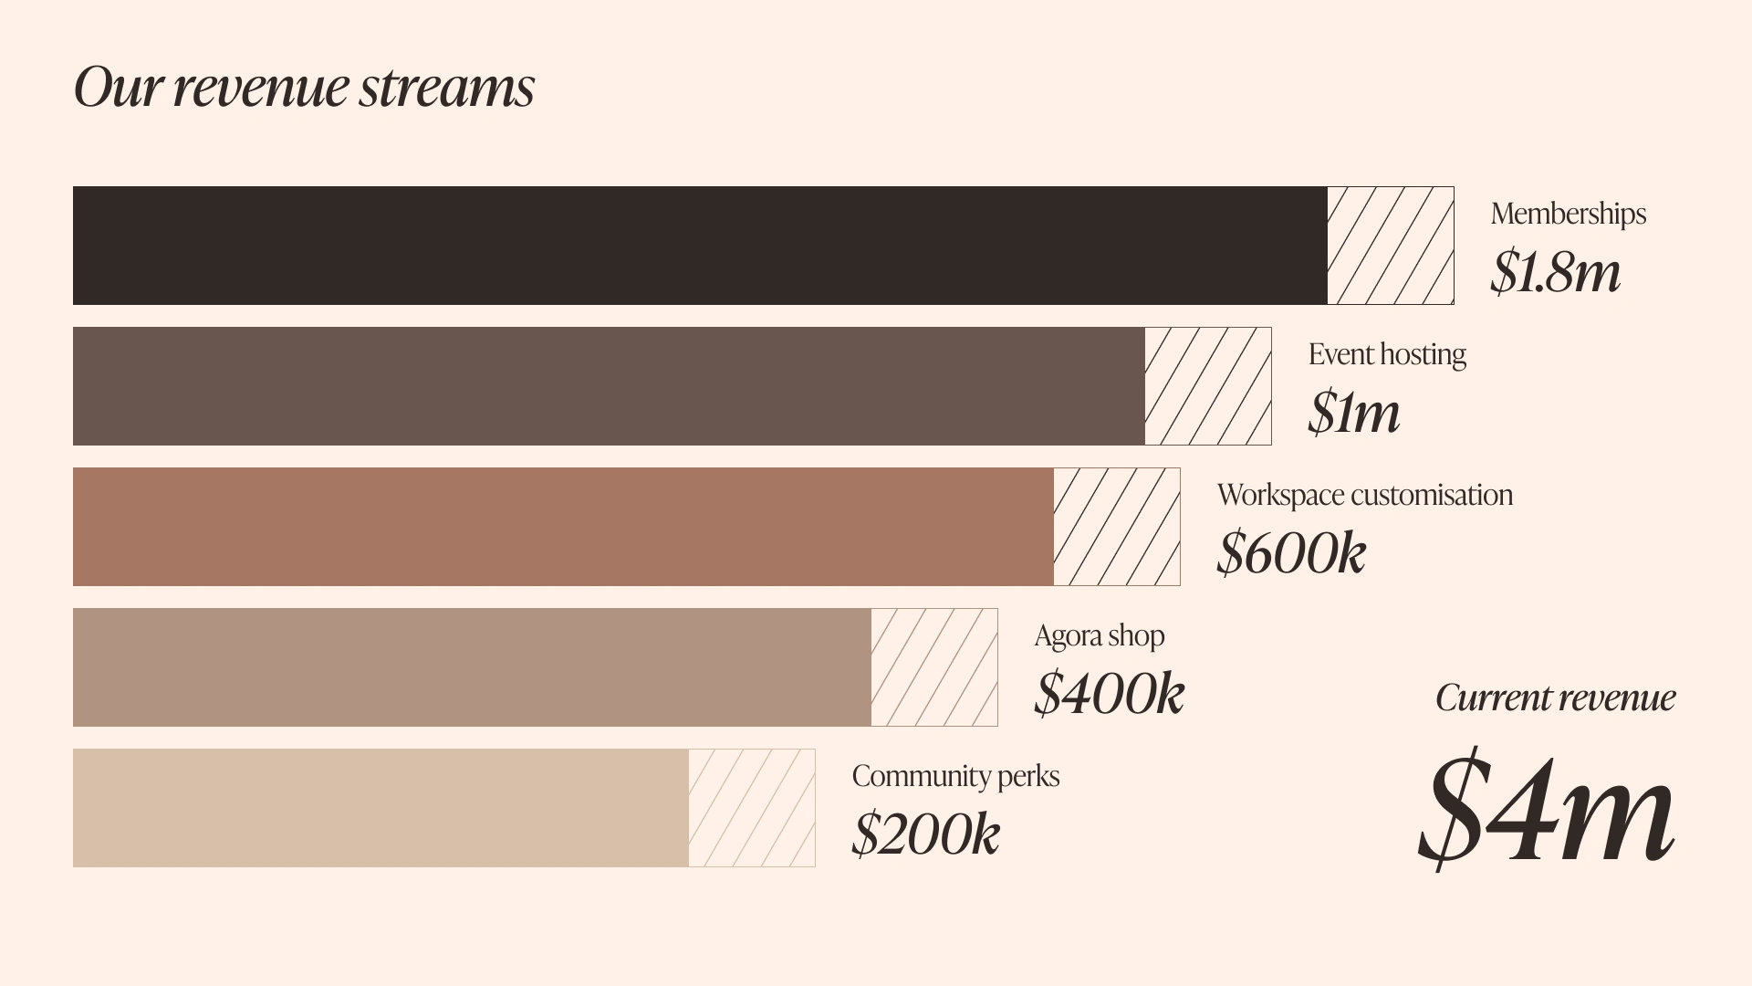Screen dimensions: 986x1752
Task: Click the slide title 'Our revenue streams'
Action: point(304,88)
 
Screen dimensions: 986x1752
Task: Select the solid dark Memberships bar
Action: point(700,246)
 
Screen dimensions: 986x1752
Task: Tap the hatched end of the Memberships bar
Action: point(1390,246)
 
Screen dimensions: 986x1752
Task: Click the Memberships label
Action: point(1568,214)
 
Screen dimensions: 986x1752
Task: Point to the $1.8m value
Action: point(1555,272)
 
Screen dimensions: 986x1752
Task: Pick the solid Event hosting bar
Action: point(609,386)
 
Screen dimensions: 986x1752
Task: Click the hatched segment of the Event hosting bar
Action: point(1207,386)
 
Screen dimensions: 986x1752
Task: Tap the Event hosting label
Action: point(1387,354)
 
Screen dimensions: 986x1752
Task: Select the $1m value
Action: point(1353,413)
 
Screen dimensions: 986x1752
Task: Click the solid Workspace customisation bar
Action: point(563,527)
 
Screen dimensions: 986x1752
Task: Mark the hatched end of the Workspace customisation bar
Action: point(1116,527)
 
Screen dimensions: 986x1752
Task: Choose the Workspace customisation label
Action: point(1364,495)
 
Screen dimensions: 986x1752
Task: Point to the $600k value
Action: point(1291,553)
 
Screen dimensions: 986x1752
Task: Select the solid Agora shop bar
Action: point(472,667)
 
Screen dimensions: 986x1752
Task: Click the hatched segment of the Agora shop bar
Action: point(933,667)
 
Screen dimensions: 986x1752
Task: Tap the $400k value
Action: point(1109,694)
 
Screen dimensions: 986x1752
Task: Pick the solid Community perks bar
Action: point(381,808)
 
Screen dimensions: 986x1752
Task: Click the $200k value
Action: point(925,834)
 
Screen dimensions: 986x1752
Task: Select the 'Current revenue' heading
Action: point(1555,698)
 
